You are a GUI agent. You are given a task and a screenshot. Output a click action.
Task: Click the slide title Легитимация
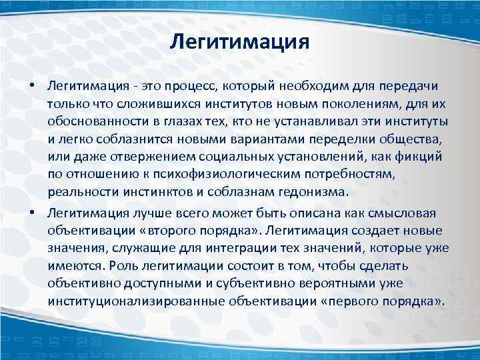click(239, 43)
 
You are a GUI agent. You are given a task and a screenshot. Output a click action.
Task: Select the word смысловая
click(393, 213)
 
